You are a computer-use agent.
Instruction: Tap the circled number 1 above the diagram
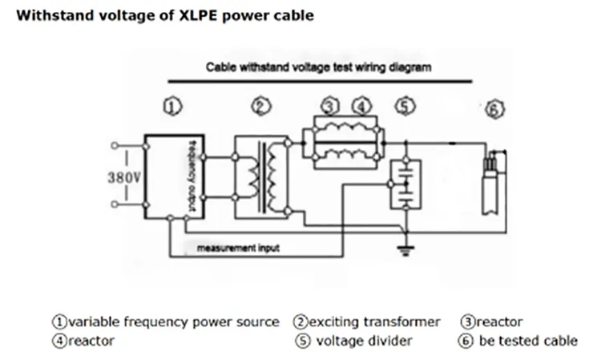point(175,106)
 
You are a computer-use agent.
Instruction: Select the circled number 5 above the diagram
point(405,106)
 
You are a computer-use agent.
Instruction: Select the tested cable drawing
point(491,184)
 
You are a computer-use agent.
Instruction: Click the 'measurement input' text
point(239,248)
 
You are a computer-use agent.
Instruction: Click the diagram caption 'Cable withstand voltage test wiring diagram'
point(319,68)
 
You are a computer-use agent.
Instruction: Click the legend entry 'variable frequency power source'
point(174,322)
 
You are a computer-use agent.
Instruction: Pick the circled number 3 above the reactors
point(331,106)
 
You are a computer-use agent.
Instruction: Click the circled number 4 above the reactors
point(362,106)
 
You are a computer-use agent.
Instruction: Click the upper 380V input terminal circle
point(115,146)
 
